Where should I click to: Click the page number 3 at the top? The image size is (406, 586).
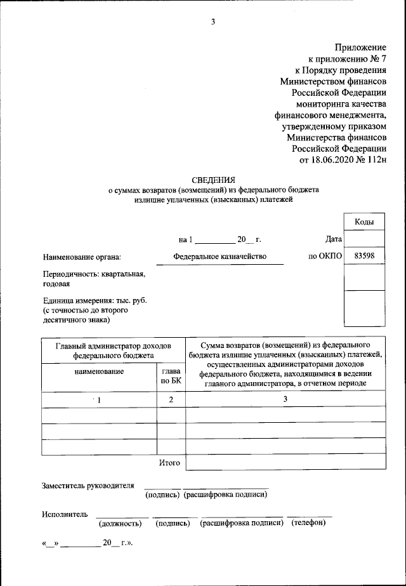213,22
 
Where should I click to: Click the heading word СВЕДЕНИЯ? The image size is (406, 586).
213,180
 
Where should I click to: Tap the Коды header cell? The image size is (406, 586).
363,222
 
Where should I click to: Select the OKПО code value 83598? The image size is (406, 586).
363,256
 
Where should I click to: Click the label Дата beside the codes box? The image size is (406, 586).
333,239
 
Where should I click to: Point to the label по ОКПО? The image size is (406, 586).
325,256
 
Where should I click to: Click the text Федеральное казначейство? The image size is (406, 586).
219,256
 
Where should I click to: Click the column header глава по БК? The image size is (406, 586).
171,376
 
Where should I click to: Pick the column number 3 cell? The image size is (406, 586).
285,399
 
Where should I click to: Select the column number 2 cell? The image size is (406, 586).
171,400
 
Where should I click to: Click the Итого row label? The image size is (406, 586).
169,463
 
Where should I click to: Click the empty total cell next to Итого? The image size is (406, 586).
285,463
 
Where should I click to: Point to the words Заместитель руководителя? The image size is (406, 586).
88,486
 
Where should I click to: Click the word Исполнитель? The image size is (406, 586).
65,514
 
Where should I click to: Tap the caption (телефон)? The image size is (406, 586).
309,523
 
